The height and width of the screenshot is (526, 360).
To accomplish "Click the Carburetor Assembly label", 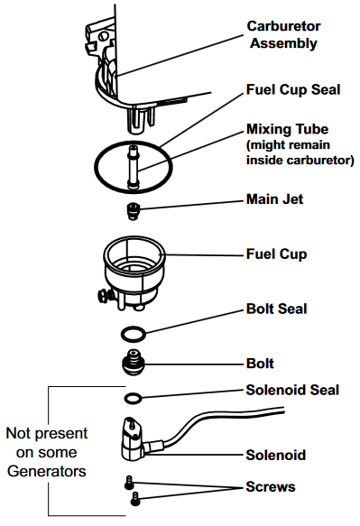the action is pyautogui.click(x=283, y=35).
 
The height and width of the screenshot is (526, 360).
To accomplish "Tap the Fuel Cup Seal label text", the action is pyautogui.click(x=293, y=90).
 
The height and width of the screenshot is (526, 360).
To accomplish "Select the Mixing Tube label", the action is pyautogui.click(x=288, y=129).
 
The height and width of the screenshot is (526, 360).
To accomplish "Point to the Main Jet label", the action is pyautogui.click(x=275, y=199).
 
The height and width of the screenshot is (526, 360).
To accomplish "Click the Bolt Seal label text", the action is pyautogui.click(x=276, y=309).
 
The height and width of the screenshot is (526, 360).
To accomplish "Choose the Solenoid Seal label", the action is pyautogui.click(x=292, y=390).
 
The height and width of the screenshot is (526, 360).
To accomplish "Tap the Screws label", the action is pyautogui.click(x=271, y=486).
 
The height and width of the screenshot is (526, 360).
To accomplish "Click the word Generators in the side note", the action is pyautogui.click(x=47, y=471).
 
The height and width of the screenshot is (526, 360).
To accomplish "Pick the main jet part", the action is pyautogui.click(x=134, y=211).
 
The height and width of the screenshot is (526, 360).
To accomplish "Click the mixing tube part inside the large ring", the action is pyautogui.click(x=133, y=167).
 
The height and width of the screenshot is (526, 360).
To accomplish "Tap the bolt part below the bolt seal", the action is pyautogui.click(x=134, y=363).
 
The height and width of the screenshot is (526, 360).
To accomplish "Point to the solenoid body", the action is pyautogui.click(x=133, y=439).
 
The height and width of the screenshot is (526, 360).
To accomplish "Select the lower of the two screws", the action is pyautogui.click(x=135, y=499).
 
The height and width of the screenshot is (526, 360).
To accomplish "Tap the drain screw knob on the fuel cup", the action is pyautogui.click(x=104, y=296).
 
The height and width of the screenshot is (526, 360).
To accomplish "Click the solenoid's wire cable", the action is pyautogui.click(x=215, y=422).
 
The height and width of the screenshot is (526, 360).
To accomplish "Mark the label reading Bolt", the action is pyautogui.click(x=260, y=364).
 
